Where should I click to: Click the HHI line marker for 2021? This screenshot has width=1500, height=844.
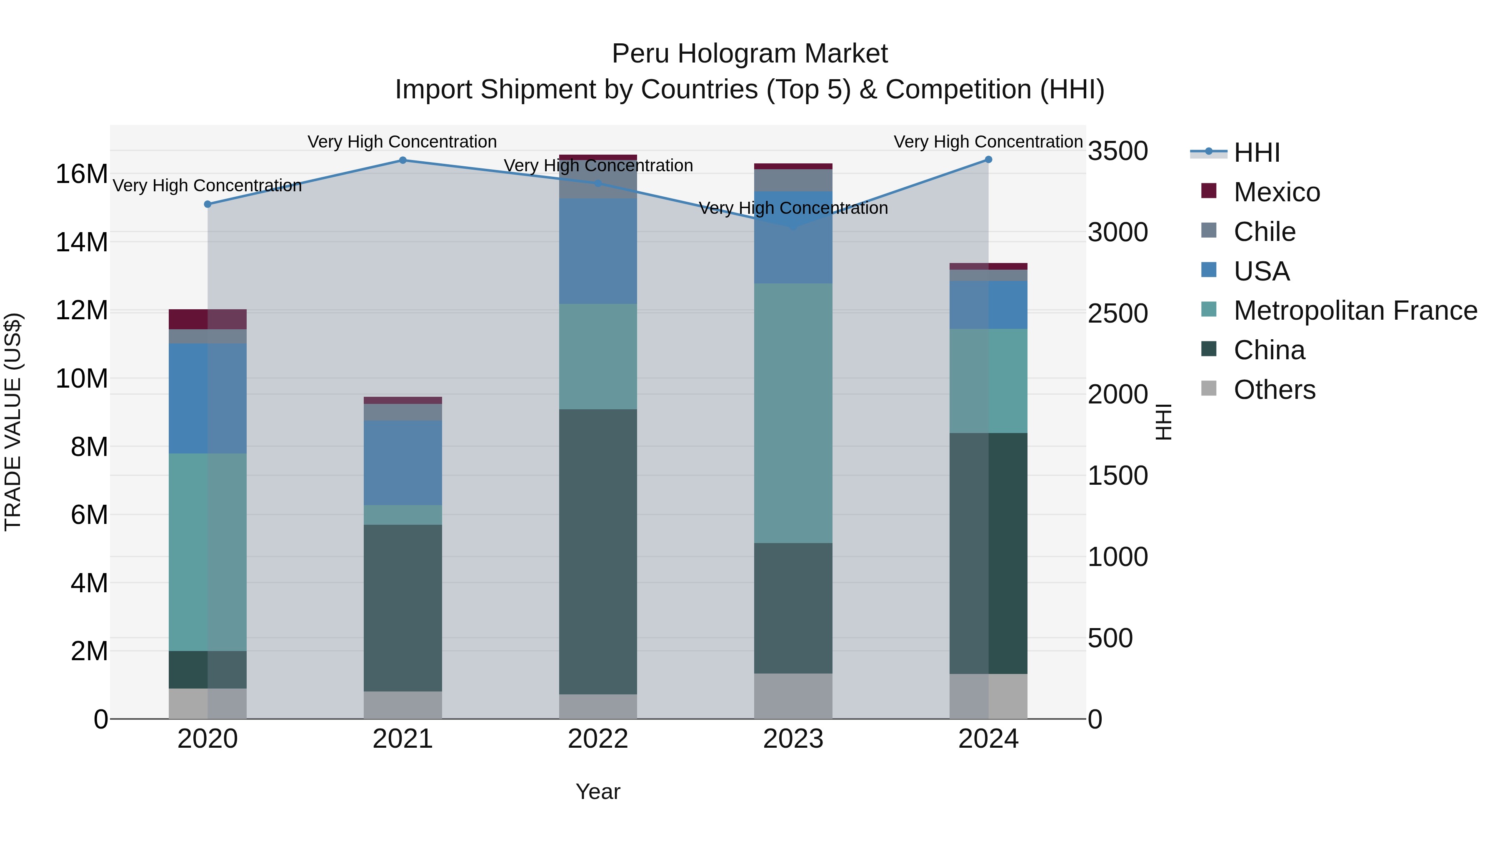(402, 160)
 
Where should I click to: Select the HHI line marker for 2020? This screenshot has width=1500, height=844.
(207, 204)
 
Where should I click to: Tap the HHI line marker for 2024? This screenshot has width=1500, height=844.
(988, 160)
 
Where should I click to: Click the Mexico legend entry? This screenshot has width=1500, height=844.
(1276, 192)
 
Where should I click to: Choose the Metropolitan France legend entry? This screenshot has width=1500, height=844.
(1355, 311)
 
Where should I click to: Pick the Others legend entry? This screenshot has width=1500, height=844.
(1274, 390)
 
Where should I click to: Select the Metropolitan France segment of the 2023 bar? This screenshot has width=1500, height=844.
(793, 413)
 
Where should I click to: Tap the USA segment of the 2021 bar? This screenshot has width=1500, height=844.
(402, 463)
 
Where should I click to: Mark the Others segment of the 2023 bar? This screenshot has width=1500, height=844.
(793, 696)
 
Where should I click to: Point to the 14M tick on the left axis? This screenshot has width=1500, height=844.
(82, 242)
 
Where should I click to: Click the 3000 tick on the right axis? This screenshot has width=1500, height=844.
(1117, 233)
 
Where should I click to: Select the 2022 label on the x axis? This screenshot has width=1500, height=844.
(598, 739)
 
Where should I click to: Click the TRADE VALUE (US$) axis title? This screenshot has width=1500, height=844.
(13, 422)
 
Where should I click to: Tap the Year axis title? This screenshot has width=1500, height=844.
(598, 791)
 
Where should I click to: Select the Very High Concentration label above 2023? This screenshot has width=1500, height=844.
(793, 208)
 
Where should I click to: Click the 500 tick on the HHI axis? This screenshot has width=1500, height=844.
(1110, 638)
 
